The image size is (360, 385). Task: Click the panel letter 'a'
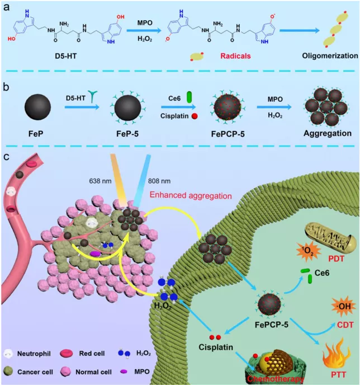point(6,7)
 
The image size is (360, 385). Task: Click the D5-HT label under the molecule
point(66,56)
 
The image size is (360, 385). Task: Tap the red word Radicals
point(235,56)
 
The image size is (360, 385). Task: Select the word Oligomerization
point(330,56)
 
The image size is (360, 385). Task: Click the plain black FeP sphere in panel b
point(38,107)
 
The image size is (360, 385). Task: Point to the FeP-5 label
point(127,134)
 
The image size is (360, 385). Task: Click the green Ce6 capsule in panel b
point(190,97)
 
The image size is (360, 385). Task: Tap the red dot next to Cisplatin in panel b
point(195,116)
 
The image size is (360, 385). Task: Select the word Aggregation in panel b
point(328,133)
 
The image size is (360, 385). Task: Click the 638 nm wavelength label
point(100,181)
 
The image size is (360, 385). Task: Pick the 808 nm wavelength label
point(159,181)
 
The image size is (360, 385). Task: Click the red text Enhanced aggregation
point(191,195)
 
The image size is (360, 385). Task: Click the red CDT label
point(345,325)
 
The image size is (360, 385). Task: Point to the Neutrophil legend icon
point(8,354)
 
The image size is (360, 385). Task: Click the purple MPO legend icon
point(124,372)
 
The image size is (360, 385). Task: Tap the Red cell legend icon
point(66,353)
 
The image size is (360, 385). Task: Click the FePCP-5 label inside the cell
point(272,325)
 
